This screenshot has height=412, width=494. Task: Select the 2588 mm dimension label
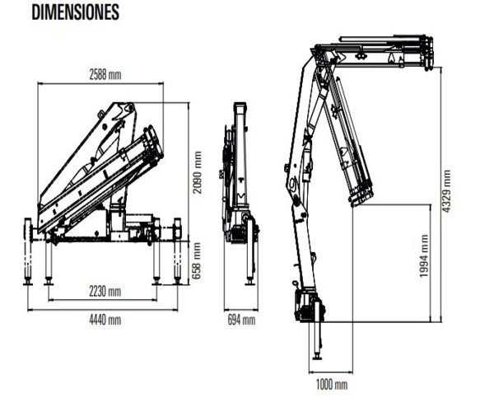click(x=105, y=75)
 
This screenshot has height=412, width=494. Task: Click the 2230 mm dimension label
click(x=105, y=291)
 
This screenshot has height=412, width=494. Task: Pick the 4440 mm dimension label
click(x=105, y=319)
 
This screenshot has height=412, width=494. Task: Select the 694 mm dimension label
click(x=240, y=320)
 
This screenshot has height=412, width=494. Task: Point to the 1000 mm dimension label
click(x=331, y=383)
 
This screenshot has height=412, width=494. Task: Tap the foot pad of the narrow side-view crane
click(x=249, y=281)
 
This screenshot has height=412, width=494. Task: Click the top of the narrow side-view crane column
click(x=240, y=107)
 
